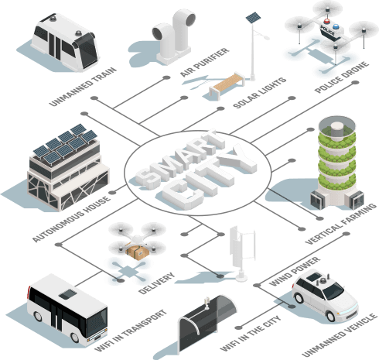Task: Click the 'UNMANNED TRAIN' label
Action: [x=83, y=87]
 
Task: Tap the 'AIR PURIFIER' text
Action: [x=205, y=62]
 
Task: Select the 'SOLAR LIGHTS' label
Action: [x=260, y=93]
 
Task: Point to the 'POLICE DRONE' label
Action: [x=342, y=77]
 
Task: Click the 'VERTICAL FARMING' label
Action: [x=340, y=224]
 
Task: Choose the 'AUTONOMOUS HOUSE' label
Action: [x=71, y=219]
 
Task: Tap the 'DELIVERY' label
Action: [x=156, y=283]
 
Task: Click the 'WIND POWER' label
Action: [x=295, y=271]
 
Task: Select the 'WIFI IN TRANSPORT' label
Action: [x=131, y=331]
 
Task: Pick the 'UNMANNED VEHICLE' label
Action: [x=340, y=334]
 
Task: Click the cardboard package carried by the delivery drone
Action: [x=138, y=252]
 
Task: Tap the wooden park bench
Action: [x=227, y=84]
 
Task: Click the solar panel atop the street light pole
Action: [x=253, y=17]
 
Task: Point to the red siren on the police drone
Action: [x=327, y=21]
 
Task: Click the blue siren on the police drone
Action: [x=336, y=26]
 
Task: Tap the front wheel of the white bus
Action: [x=75, y=337]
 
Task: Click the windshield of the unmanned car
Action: [x=333, y=290]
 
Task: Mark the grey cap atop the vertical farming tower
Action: [x=337, y=129]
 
